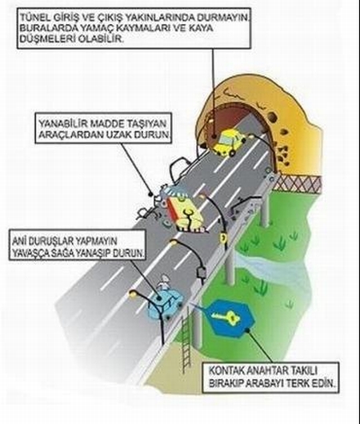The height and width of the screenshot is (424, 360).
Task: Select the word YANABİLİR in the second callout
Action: click(x=62, y=124)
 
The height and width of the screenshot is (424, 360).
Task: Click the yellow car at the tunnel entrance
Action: click(x=229, y=142)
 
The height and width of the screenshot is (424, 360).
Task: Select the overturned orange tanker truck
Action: click(x=186, y=214)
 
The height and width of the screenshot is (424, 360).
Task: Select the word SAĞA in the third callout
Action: click(x=63, y=253)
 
